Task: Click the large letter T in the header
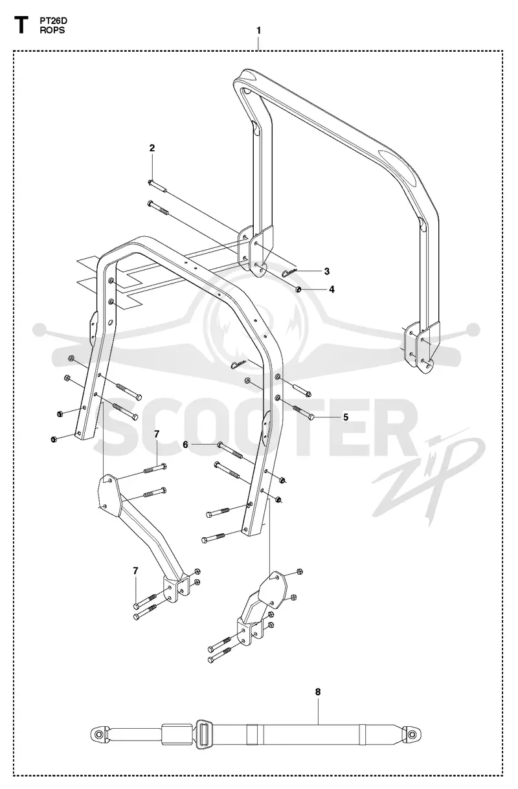click(x=21, y=26)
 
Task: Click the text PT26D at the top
click(x=53, y=21)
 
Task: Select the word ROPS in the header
click(x=52, y=30)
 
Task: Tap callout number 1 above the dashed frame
click(x=258, y=30)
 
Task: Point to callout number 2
click(x=152, y=148)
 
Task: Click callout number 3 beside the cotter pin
click(x=326, y=271)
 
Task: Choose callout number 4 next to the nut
click(x=332, y=289)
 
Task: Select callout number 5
click(x=346, y=417)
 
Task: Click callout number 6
click(x=185, y=445)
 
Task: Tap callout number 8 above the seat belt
click(x=318, y=692)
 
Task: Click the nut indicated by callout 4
click(x=298, y=289)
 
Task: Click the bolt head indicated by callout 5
click(x=311, y=417)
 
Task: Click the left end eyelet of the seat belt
click(x=99, y=735)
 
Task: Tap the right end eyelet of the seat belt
click(x=412, y=734)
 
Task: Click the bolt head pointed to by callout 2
click(x=150, y=182)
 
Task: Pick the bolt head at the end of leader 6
click(x=220, y=445)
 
